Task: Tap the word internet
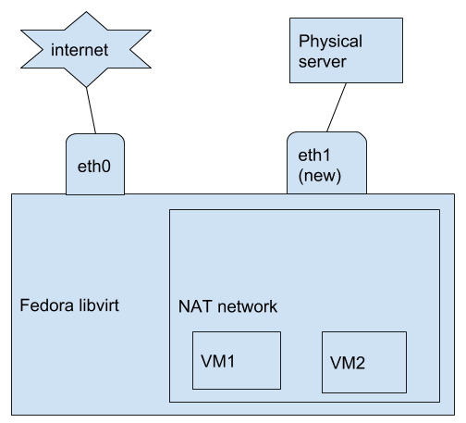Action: coord(80,50)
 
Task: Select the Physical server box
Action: coord(346,50)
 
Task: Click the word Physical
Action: coord(330,42)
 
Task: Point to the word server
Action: coord(323,62)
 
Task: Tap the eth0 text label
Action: coord(94,167)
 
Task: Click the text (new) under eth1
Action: coord(320,176)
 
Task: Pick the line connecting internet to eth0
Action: coord(91,110)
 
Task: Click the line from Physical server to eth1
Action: coord(337,107)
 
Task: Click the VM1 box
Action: coord(237,360)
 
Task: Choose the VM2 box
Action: coord(364,362)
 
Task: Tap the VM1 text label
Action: coord(218,361)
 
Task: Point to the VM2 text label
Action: coord(348,363)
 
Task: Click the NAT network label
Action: coord(227,306)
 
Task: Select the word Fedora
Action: coord(47,305)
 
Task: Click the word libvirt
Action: coord(99,305)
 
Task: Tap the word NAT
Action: coord(195,306)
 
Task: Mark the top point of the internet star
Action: coord(86,12)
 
